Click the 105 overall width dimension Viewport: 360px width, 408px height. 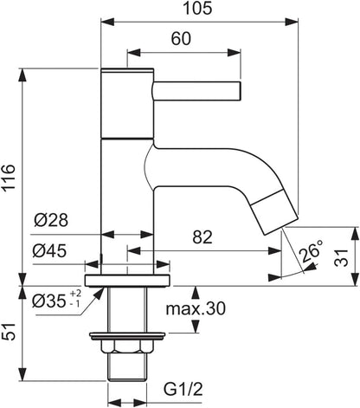[x=197, y=8]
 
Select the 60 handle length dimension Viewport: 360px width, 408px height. [x=181, y=38]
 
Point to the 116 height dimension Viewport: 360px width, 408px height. [x=8, y=177]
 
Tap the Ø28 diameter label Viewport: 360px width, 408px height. [x=51, y=220]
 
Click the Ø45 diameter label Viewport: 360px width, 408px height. [x=49, y=250]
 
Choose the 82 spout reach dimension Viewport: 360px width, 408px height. [x=202, y=237]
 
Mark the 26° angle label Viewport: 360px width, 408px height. [x=311, y=250]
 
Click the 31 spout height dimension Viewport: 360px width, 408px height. [x=341, y=257]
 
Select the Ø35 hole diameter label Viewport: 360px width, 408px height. [x=49, y=301]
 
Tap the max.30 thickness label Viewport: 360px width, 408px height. [x=196, y=308]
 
